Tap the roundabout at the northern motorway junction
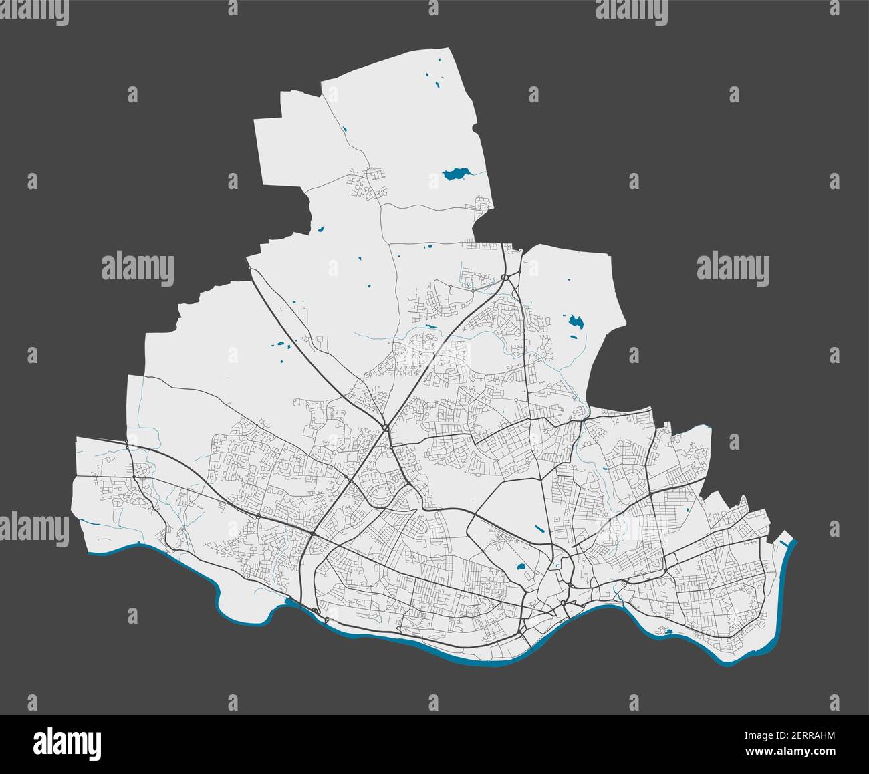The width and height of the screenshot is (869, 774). (x=506, y=277)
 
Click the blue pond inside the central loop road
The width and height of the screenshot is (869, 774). (x=520, y=569)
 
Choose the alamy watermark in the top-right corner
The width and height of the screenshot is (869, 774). (x=631, y=9)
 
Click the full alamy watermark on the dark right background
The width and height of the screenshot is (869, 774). (x=733, y=269)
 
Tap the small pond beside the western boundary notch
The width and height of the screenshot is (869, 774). (x=321, y=229)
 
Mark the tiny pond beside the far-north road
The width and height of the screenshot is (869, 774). (x=345, y=129)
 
